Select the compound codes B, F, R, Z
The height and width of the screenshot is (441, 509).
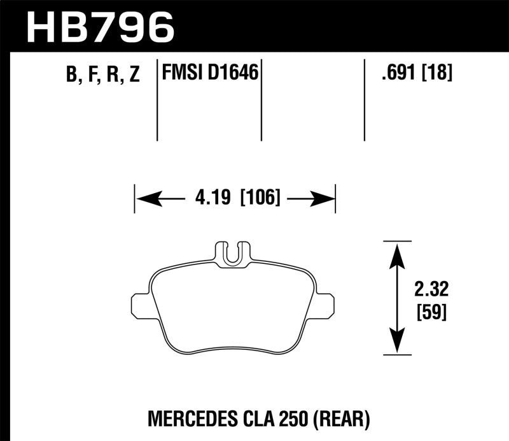click(x=102, y=75)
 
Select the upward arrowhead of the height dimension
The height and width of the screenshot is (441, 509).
click(x=397, y=252)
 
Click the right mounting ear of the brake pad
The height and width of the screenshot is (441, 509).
click(x=326, y=305)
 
